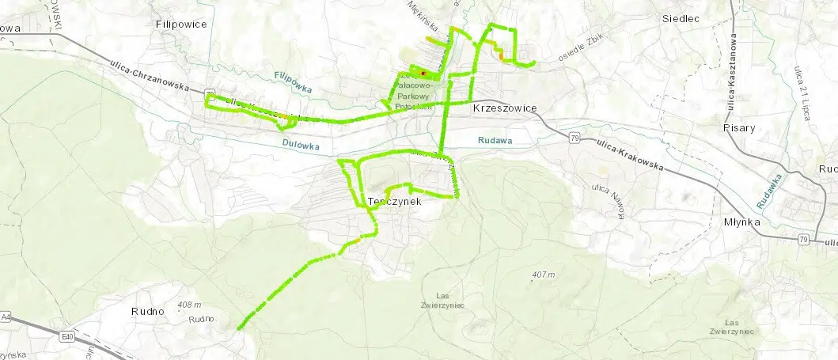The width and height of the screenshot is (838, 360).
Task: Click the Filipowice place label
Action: tap(181, 25)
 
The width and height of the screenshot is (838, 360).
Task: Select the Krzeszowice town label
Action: tap(504, 108)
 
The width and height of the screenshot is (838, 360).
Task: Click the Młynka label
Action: tap(741, 222)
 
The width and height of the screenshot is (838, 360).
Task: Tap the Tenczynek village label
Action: tap(393, 202)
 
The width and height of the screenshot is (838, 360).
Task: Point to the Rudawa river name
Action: tap(495, 141)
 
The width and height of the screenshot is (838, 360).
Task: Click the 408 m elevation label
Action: tap(189, 305)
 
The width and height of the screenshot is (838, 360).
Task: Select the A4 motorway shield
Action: tap(6, 316)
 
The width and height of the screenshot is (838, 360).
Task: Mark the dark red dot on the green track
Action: tap(423, 74)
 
